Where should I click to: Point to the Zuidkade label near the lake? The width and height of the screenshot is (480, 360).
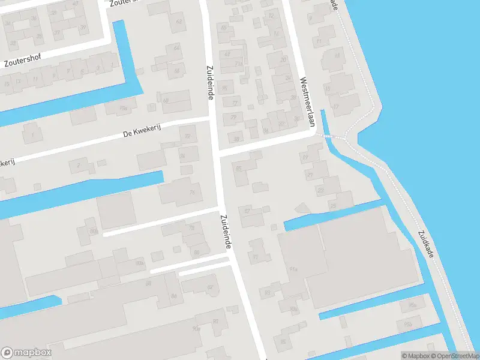click(x=426, y=244)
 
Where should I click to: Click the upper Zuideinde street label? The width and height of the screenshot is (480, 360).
click(x=210, y=83)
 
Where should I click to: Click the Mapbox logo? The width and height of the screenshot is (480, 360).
click(x=26, y=353)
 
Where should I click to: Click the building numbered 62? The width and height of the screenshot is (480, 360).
click(x=178, y=22)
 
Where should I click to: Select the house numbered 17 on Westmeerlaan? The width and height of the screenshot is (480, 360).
click(x=336, y=107)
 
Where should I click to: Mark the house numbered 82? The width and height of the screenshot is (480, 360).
click(x=209, y=287)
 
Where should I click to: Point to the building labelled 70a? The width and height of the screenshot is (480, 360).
click(x=124, y=108)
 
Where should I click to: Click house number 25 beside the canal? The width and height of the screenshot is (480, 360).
click(x=334, y=205)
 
